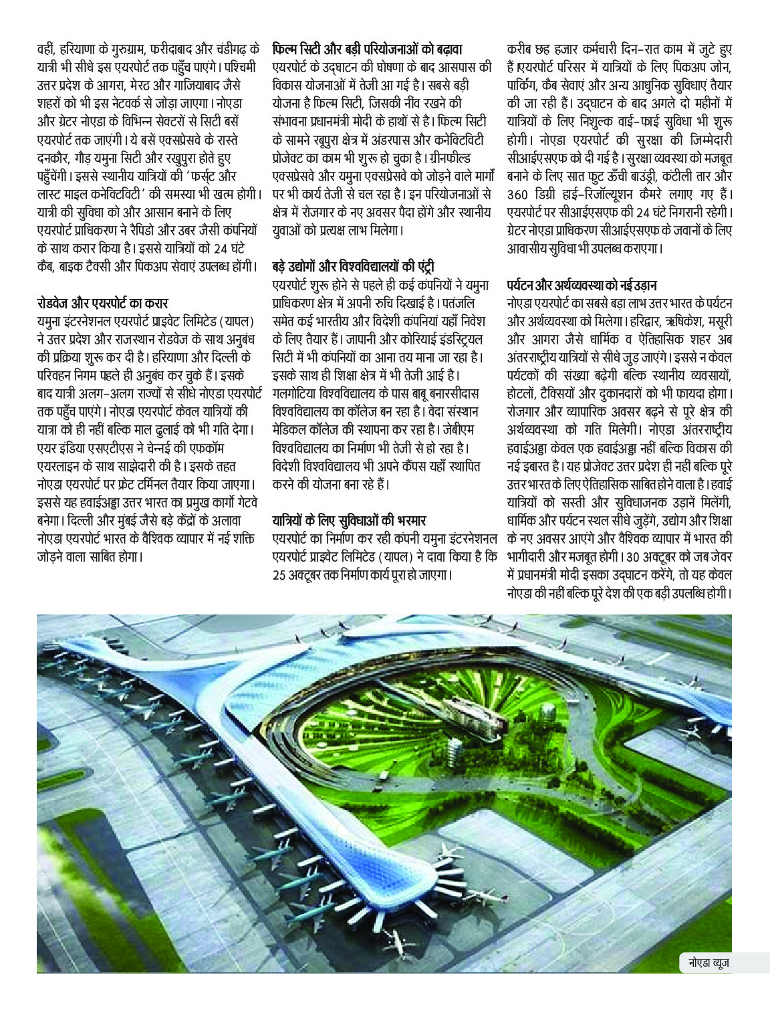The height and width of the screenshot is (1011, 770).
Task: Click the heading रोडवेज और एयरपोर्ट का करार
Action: (102, 303)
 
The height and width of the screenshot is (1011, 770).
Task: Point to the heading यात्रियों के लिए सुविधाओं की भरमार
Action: (349, 520)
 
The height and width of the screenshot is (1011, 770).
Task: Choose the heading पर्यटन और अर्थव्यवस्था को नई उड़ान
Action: (581, 286)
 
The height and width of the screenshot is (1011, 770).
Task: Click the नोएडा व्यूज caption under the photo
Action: (709, 963)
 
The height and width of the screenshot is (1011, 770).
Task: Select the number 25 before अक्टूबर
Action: (280, 574)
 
